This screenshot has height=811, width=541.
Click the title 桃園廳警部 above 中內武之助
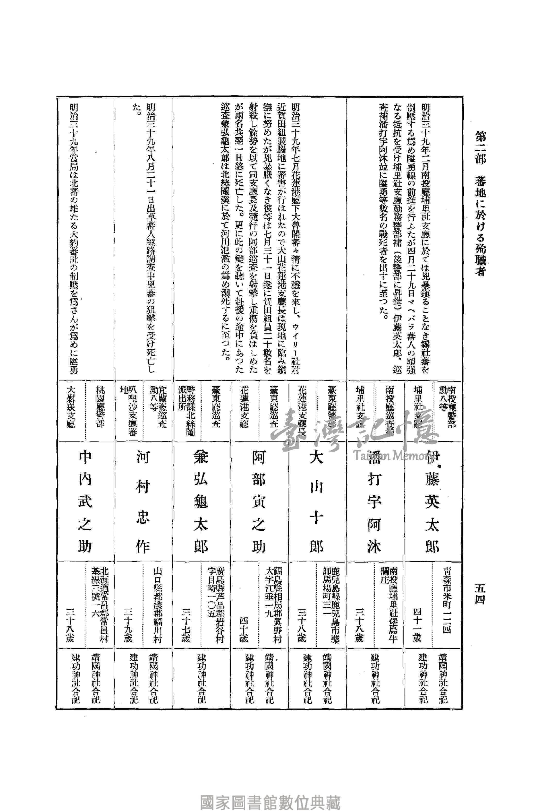pos(100,407)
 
